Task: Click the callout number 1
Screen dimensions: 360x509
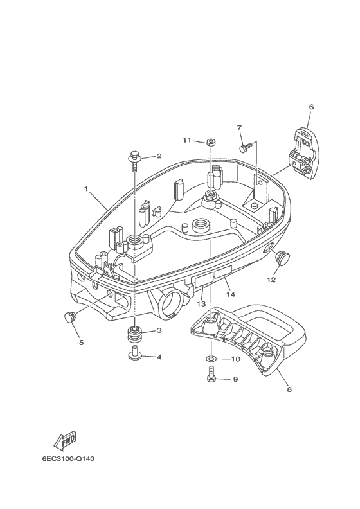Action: click(x=86, y=188)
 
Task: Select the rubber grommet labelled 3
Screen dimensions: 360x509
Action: click(x=134, y=334)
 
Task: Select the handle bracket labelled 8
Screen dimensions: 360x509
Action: click(x=248, y=337)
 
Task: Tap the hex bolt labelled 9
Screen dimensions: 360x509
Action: click(x=211, y=375)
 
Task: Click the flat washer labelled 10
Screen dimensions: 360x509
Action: click(x=211, y=359)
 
